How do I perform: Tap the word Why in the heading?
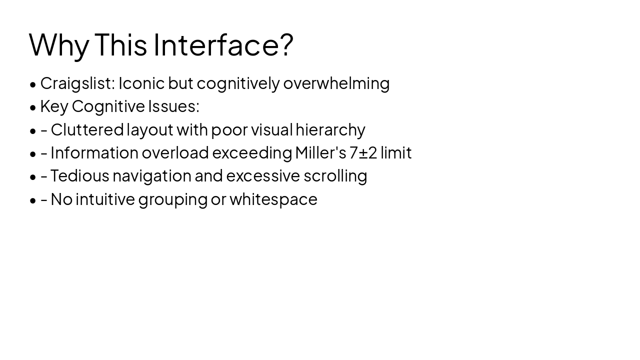click(x=59, y=45)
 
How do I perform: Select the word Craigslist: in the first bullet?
click(x=77, y=83)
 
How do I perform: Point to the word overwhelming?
click(x=336, y=83)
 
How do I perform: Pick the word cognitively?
click(x=238, y=83)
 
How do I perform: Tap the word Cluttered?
click(x=87, y=129)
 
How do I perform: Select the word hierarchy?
click(x=330, y=130)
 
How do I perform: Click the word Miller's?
click(x=320, y=152)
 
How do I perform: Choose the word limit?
click(x=396, y=152)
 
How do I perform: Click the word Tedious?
click(x=79, y=175)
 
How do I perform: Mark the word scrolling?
click(x=335, y=176)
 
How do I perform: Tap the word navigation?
click(x=151, y=176)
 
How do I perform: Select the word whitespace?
click(x=273, y=199)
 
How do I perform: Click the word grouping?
click(x=172, y=199)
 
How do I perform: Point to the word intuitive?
click(x=105, y=199)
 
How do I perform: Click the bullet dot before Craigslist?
click(x=33, y=84)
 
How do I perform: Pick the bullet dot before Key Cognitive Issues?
click(x=33, y=107)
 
